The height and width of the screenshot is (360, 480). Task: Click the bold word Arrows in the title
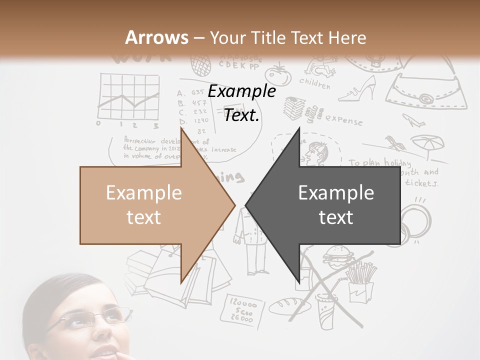[x=156, y=37]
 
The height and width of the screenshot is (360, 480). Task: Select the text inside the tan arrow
[x=144, y=205]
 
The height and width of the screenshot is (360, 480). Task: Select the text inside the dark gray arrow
[x=336, y=205]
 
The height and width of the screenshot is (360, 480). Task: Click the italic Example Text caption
[x=242, y=103]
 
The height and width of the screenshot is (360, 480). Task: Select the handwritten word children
[x=315, y=82]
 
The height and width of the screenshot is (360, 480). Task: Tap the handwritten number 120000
[x=243, y=303]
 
